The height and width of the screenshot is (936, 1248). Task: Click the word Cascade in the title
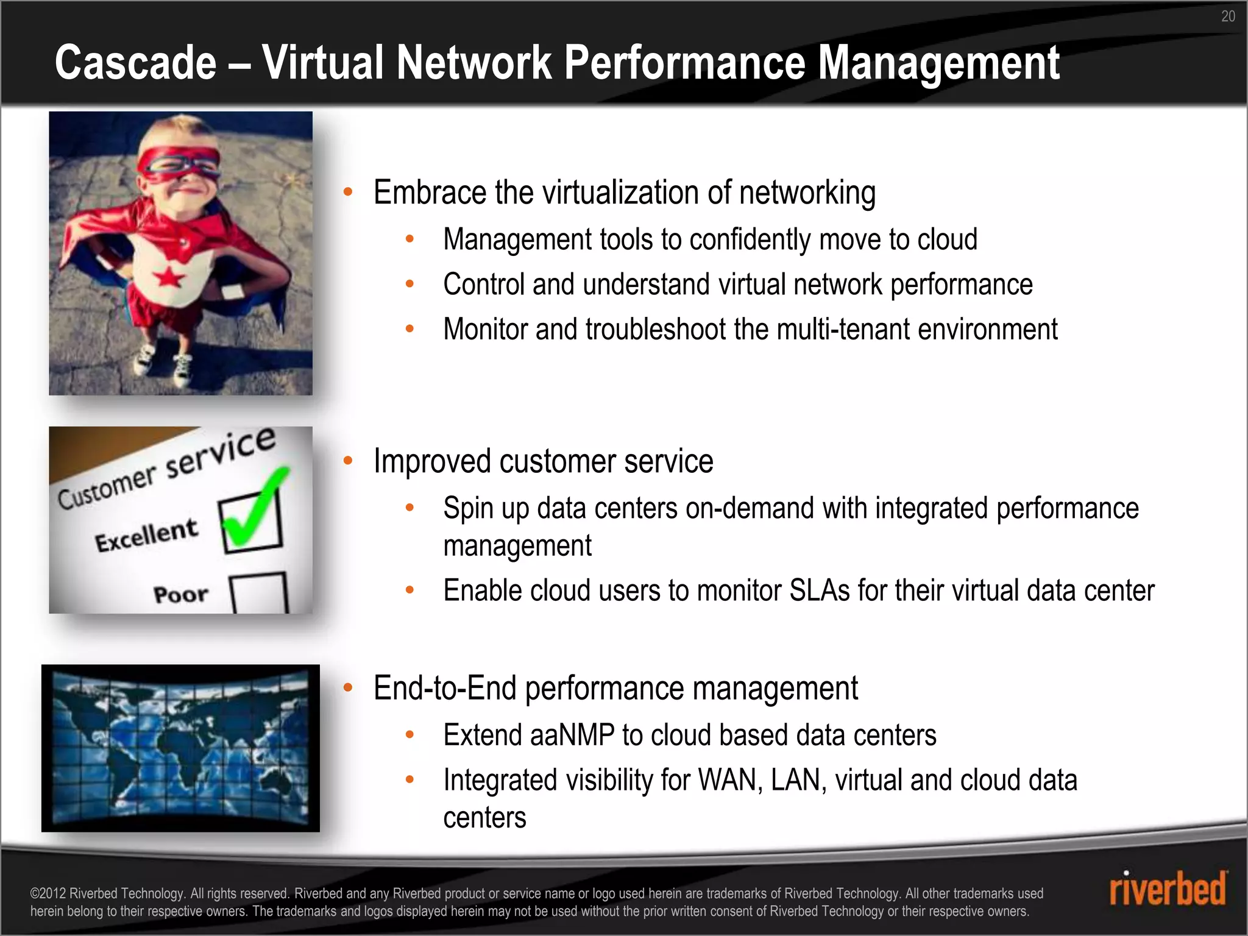click(x=135, y=63)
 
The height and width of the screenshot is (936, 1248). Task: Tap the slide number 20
click(x=1228, y=16)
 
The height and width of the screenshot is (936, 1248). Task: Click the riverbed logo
click(x=1167, y=889)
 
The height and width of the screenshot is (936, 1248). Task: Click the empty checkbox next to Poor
click(x=258, y=592)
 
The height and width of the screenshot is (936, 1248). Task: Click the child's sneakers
click(x=163, y=363)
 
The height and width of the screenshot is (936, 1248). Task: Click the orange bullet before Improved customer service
click(x=348, y=461)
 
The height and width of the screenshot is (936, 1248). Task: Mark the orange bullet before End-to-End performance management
click(x=348, y=688)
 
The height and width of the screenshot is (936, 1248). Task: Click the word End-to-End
click(x=445, y=689)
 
